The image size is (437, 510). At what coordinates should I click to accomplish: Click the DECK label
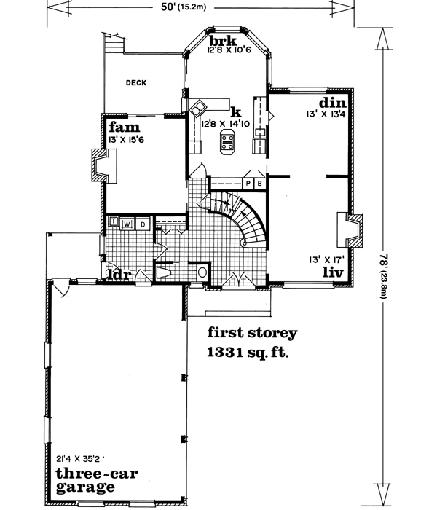pos(135,83)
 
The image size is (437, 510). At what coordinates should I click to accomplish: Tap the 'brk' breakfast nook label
pos(218,40)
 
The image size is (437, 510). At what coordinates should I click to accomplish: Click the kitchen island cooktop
pos(227,146)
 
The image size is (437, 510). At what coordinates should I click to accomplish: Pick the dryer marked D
pos(143,223)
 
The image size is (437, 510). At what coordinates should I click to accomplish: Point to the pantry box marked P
pos(248,183)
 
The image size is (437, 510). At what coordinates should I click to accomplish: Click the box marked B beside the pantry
pos(259,183)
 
